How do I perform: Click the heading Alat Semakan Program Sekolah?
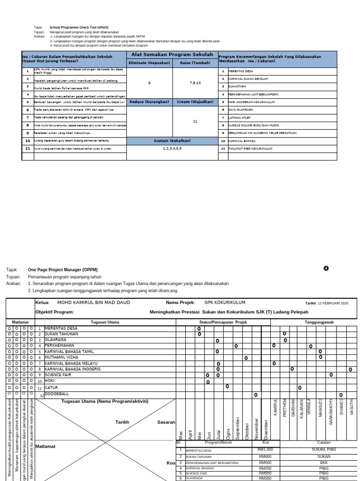point(172,54)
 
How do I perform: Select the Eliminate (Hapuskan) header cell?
point(150,62)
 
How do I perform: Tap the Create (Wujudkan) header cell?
point(195,101)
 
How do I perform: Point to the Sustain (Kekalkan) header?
point(172,140)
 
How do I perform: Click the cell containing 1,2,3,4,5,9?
point(172,148)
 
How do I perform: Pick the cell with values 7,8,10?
point(195,82)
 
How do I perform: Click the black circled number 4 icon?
point(326,268)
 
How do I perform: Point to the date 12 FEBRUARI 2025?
point(333,303)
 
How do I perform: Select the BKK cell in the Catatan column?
point(323,462)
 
